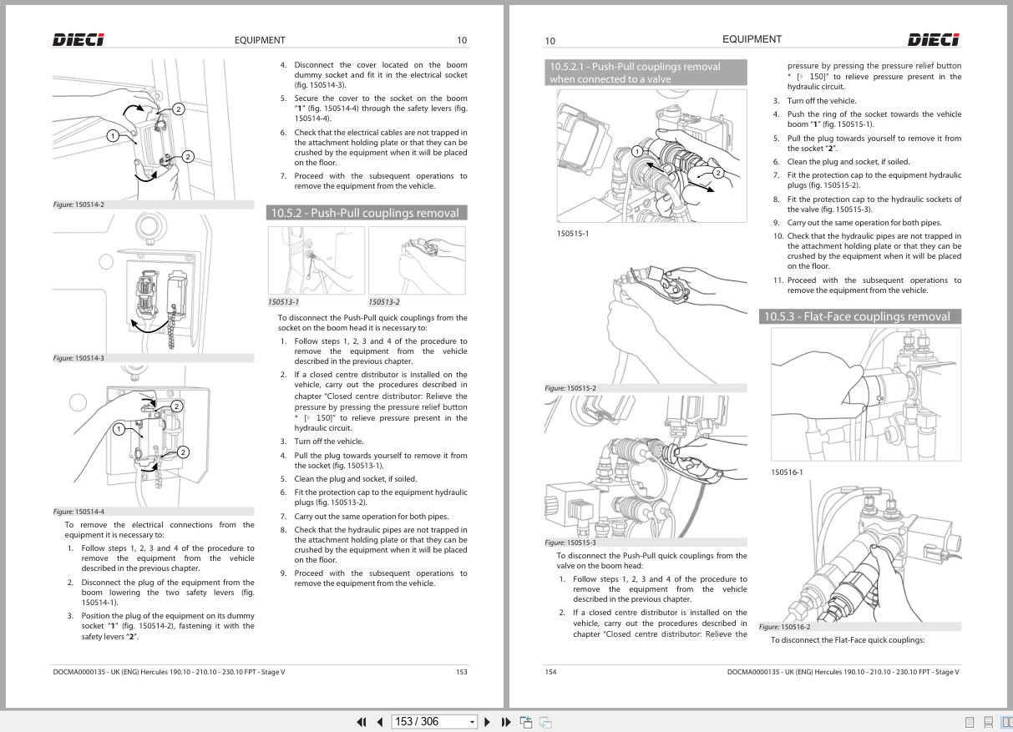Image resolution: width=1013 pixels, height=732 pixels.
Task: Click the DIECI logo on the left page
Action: [x=79, y=40]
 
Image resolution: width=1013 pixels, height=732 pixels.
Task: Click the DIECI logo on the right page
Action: [x=933, y=40]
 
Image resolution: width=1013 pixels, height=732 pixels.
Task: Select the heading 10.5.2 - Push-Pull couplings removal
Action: [x=367, y=213]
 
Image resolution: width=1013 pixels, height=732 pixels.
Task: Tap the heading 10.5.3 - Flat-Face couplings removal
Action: [x=859, y=316]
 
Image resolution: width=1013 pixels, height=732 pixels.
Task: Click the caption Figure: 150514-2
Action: [x=79, y=204]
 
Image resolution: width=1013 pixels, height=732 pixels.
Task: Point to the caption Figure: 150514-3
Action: [x=79, y=358]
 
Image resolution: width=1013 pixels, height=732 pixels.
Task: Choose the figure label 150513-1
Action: [x=283, y=302]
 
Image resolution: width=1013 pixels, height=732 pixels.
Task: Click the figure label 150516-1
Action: [x=787, y=472]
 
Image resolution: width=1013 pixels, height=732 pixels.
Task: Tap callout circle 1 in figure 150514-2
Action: [x=113, y=135]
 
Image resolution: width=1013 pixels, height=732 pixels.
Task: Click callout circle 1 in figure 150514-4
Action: [x=119, y=429]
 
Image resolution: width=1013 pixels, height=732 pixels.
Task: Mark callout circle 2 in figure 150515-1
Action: [x=718, y=173]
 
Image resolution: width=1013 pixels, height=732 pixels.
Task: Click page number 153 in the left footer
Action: [x=461, y=672]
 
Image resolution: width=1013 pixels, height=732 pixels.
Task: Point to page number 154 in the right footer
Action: [x=550, y=672]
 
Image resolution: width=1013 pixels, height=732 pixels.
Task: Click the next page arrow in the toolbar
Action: [x=487, y=722]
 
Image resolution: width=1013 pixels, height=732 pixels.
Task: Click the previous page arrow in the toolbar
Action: [x=380, y=722]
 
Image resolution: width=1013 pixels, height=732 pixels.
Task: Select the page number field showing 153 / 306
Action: [x=434, y=722]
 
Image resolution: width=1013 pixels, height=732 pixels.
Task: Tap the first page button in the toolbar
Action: [x=362, y=722]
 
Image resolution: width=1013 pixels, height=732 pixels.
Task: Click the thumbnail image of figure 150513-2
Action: [x=417, y=260]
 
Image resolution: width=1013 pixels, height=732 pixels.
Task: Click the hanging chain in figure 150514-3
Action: [x=172, y=327]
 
